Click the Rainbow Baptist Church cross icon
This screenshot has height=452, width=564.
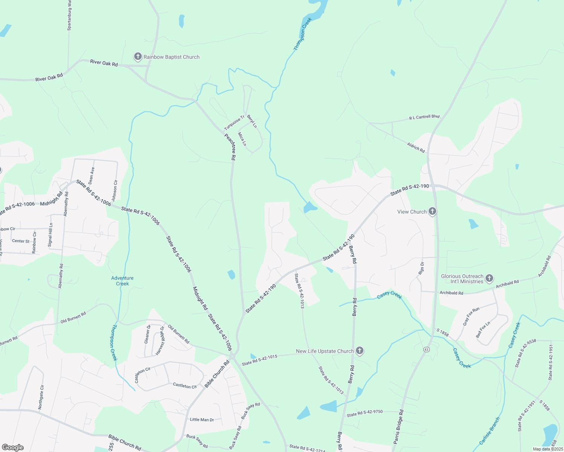pos(138,57)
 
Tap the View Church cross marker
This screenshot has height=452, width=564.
pos(432,211)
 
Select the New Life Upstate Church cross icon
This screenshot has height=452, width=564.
pos(360,351)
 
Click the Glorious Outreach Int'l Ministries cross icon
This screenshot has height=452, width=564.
pos(489,279)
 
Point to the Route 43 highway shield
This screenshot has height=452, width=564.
pos(426,349)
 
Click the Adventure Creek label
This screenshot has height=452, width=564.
pos(122,281)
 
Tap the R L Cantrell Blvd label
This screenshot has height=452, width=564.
pos(425,117)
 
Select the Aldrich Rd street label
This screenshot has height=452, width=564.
pos(416,147)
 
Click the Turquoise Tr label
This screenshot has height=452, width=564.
pos(234,122)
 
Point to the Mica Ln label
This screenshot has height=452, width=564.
pos(242,139)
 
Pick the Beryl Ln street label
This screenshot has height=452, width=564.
pos(252,121)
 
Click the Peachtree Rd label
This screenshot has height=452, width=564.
pos(230,147)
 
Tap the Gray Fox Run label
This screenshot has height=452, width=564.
pos(471,316)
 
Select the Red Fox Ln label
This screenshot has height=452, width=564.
pos(483,330)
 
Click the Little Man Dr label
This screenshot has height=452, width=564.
pos(202,420)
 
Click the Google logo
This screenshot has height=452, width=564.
pos(12,447)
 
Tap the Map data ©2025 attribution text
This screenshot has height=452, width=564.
pos(547,449)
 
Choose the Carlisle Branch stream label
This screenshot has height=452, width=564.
pos(490,431)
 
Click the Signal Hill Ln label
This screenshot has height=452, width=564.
pos(50,235)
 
